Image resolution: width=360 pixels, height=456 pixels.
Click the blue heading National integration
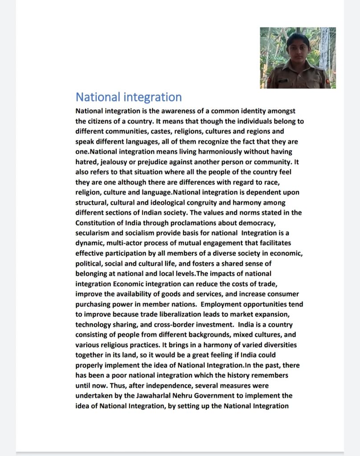pyautogui.click(x=128, y=97)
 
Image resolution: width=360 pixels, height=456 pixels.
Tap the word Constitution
pyautogui.click(x=97, y=223)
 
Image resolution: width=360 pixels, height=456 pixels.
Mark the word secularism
pyautogui.click(x=94, y=233)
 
